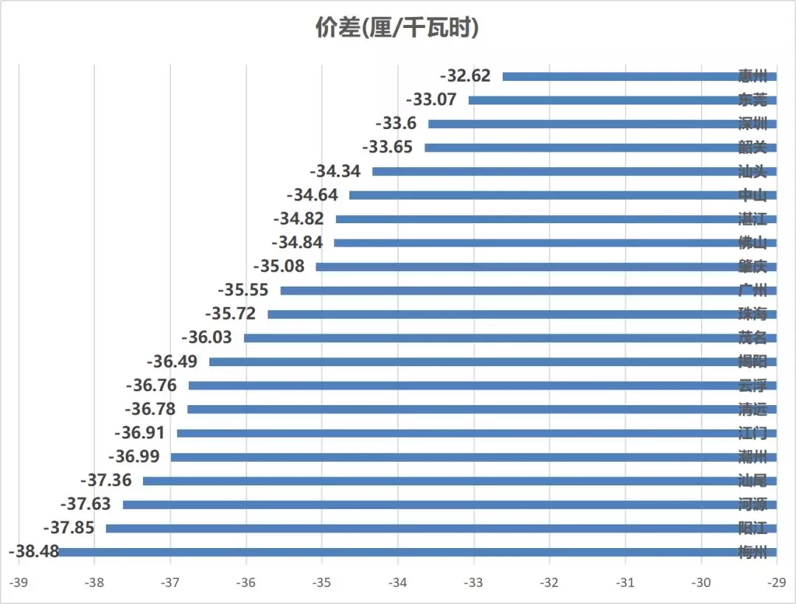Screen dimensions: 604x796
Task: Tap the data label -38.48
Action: pos(32,551)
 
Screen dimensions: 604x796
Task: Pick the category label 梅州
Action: pos(753,552)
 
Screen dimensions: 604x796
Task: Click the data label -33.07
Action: pos(431,99)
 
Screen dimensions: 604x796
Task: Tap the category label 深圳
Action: pos(753,123)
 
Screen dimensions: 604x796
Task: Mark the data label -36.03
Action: pos(206,337)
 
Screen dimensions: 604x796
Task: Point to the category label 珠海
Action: pos(753,314)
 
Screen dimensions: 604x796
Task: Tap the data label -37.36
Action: pos(105,480)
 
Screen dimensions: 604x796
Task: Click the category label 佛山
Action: pos(753,242)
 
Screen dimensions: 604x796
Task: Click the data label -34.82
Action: pos(298,219)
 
